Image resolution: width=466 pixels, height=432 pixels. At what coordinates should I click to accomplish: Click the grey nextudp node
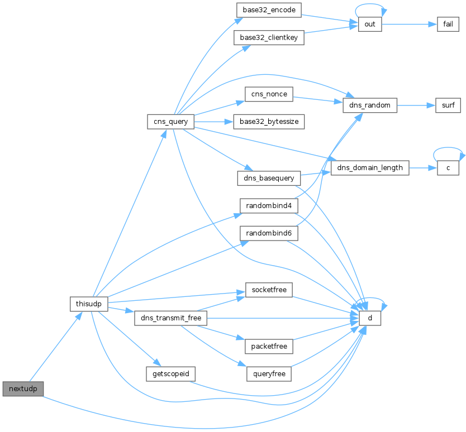click(23, 388)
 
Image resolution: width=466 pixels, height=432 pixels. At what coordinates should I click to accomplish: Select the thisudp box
click(89, 304)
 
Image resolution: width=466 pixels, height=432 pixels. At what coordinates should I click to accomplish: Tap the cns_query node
click(170, 122)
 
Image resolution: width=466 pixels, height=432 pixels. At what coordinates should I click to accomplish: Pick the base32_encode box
click(269, 10)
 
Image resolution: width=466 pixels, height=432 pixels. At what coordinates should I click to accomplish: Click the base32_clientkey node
click(269, 38)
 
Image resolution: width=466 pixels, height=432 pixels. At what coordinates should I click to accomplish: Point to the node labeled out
click(370, 25)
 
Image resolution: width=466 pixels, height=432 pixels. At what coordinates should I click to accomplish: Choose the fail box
click(448, 25)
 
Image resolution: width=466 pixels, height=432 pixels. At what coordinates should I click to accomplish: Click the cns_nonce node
click(269, 94)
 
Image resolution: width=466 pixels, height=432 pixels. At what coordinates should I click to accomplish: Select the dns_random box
click(370, 105)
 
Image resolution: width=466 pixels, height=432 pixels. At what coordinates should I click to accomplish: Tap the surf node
click(448, 105)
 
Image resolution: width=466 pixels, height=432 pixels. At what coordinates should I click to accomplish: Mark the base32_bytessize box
click(269, 122)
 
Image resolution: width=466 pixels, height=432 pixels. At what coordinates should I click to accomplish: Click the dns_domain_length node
click(370, 168)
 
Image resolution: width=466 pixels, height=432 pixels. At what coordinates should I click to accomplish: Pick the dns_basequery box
click(269, 178)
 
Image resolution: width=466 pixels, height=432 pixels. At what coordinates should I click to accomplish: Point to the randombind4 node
click(269, 206)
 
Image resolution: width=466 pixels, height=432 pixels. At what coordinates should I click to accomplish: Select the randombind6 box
click(269, 233)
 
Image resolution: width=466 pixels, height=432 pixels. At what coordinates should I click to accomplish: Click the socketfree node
click(269, 290)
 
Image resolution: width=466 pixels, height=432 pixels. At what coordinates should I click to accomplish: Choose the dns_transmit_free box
click(170, 318)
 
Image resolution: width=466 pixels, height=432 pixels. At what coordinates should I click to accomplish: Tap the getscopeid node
click(170, 374)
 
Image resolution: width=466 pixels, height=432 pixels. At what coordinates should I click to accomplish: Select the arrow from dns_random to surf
click(416, 105)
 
